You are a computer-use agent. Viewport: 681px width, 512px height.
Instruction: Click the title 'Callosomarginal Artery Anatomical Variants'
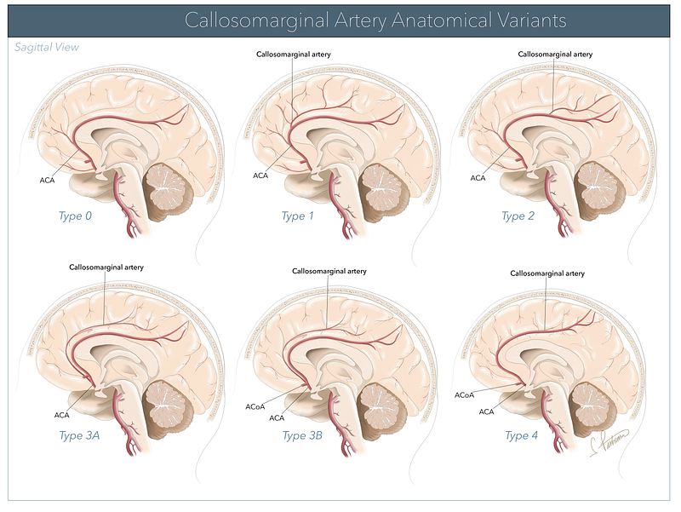point(375,20)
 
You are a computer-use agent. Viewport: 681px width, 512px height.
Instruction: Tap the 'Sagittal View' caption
point(47,48)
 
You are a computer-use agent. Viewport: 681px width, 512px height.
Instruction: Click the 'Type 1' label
point(298,216)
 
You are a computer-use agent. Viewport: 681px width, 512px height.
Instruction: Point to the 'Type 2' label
point(518,216)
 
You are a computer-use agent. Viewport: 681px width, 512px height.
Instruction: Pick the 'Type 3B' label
point(301,435)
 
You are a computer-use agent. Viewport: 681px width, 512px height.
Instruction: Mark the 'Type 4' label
point(522,435)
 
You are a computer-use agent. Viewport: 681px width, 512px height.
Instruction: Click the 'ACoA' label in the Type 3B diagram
point(255,406)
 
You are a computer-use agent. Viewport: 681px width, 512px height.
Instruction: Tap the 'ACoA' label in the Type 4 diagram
point(465,395)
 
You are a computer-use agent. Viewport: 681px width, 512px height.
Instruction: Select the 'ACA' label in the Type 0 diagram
point(48,181)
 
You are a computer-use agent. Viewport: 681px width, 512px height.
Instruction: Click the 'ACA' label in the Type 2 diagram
point(478,177)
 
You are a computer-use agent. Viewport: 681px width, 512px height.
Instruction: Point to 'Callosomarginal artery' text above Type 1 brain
point(294,54)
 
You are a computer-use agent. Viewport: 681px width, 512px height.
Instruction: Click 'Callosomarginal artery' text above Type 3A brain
point(106,267)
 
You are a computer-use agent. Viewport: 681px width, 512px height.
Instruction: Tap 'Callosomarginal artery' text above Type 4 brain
point(547,273)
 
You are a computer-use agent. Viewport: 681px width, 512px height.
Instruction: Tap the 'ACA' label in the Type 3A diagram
point(62,415)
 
